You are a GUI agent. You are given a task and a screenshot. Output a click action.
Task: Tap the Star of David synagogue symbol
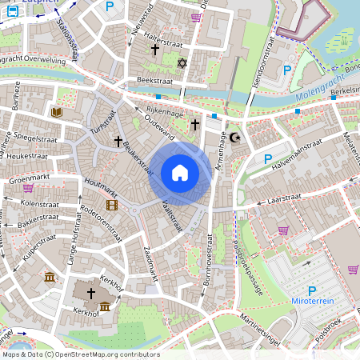(x=182, y=62)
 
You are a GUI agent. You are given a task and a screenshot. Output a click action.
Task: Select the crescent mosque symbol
(x=234, y=138)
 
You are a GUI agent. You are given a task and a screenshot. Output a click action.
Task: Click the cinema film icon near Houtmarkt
(x=111, y=205)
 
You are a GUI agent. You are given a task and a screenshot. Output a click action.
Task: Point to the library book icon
(x=56, y=112)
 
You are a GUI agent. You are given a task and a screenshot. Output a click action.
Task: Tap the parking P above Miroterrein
(x=312, y=292)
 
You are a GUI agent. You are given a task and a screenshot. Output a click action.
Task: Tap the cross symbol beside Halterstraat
(x=155, y=50)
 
